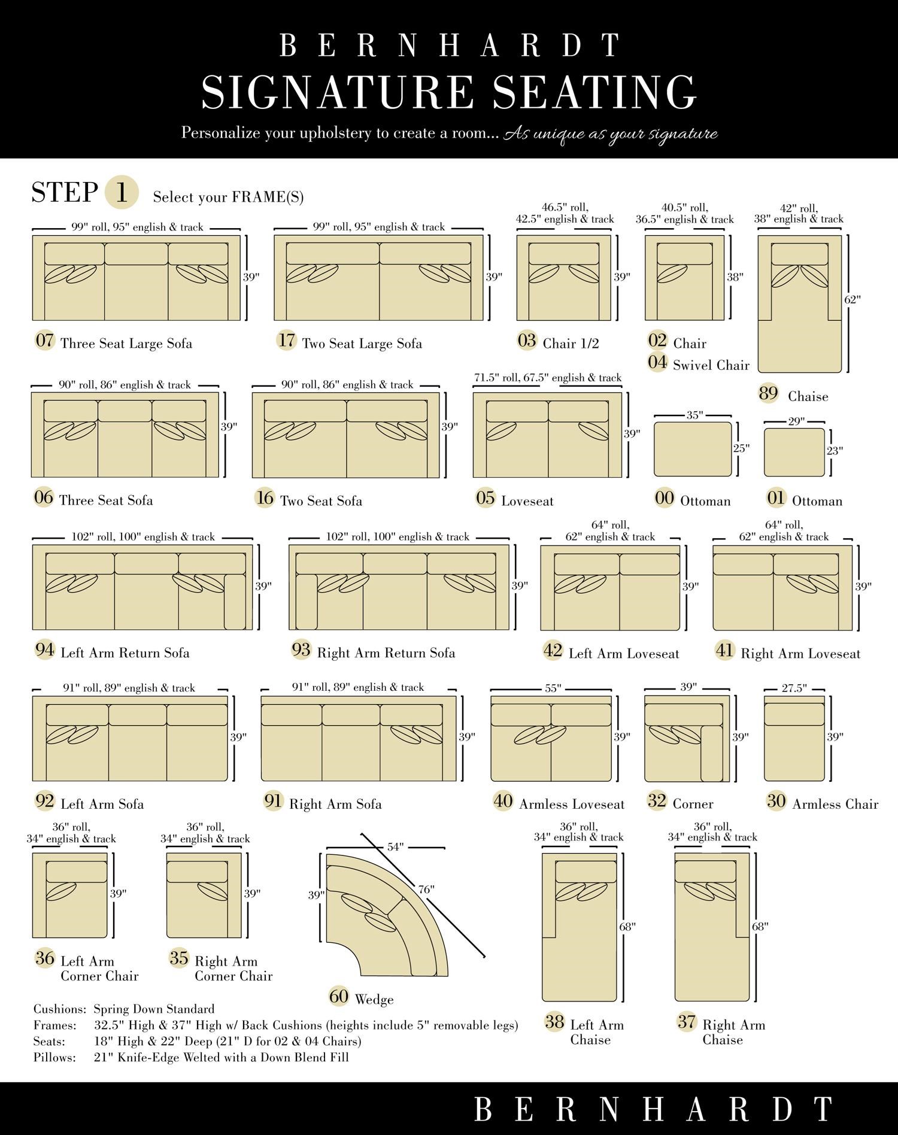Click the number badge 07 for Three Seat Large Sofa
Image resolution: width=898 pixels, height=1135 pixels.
[x=45, y=341]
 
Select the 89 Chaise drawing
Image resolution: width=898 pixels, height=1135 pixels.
[x=799, y=304]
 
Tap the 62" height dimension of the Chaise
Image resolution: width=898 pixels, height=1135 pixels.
[x=853, y=299]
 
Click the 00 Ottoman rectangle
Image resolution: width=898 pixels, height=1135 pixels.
[x=693, y=449]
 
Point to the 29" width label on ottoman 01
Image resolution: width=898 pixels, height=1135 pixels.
[x=796, y=421]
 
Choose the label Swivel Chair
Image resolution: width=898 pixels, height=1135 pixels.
[x=711, y=365]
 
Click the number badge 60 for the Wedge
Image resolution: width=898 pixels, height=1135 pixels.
[x=339, y=996]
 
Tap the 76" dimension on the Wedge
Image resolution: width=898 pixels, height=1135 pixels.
[x=426, y=890]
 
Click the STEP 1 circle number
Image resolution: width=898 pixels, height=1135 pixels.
[x=122, y=193]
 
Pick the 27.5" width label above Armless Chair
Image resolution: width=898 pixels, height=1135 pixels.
[x=794, y=688]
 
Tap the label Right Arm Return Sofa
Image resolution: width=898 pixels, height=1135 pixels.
[x=386, y=653]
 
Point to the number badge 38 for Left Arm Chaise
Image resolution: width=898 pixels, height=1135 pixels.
[x=554, y=1021]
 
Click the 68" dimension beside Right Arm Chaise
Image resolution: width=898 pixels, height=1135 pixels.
[x=760, y=927]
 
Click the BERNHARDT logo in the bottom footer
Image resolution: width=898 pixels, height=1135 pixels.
[x=653, y=1109]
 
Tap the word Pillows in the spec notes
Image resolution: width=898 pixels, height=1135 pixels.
[x=54, y=1058]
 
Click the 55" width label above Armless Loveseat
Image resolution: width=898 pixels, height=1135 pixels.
[x=553, y=688]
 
